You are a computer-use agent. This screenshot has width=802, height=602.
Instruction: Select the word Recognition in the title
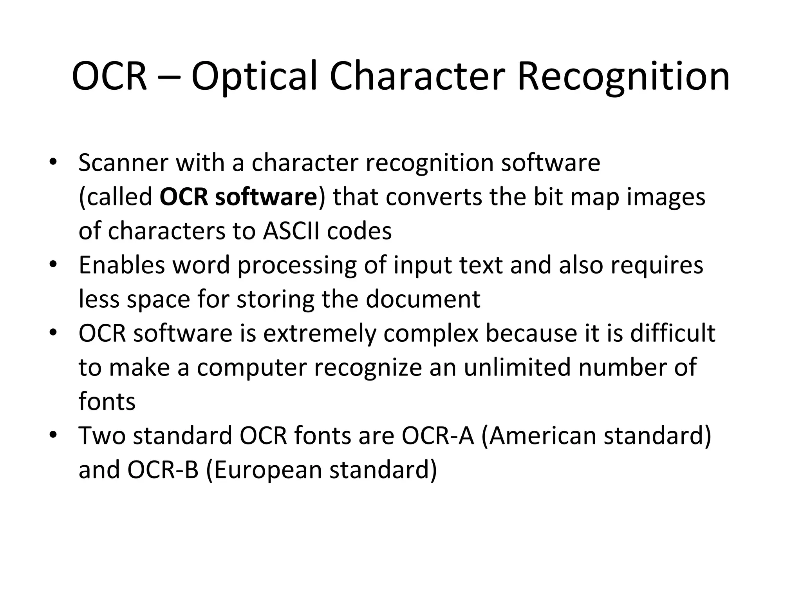click(623, 76)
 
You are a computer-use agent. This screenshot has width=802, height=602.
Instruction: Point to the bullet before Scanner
click(53, 162)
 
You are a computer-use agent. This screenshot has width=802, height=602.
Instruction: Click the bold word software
click(266, 197)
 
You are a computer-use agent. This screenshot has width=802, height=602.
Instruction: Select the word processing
click(297, 265)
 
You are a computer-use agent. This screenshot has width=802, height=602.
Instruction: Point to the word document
click(423, 299)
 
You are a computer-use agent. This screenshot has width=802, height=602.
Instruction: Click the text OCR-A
click(438, 436)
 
